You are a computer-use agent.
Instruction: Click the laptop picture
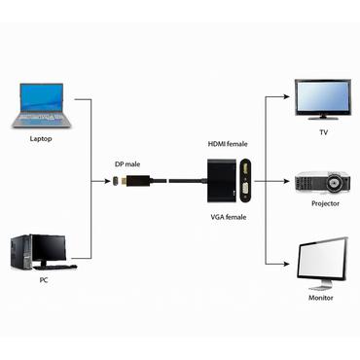[x=45, y=106]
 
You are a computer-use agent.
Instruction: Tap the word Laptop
[x=41, y=139]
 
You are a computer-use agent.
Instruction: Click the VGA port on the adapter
[x=248, y=182]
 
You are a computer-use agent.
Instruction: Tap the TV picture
[x=323, y=98]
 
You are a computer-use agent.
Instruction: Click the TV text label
[x=323, y=131]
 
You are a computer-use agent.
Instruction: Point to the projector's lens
[x=337, y=182]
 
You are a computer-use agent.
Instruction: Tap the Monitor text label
[x=322, y=298]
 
